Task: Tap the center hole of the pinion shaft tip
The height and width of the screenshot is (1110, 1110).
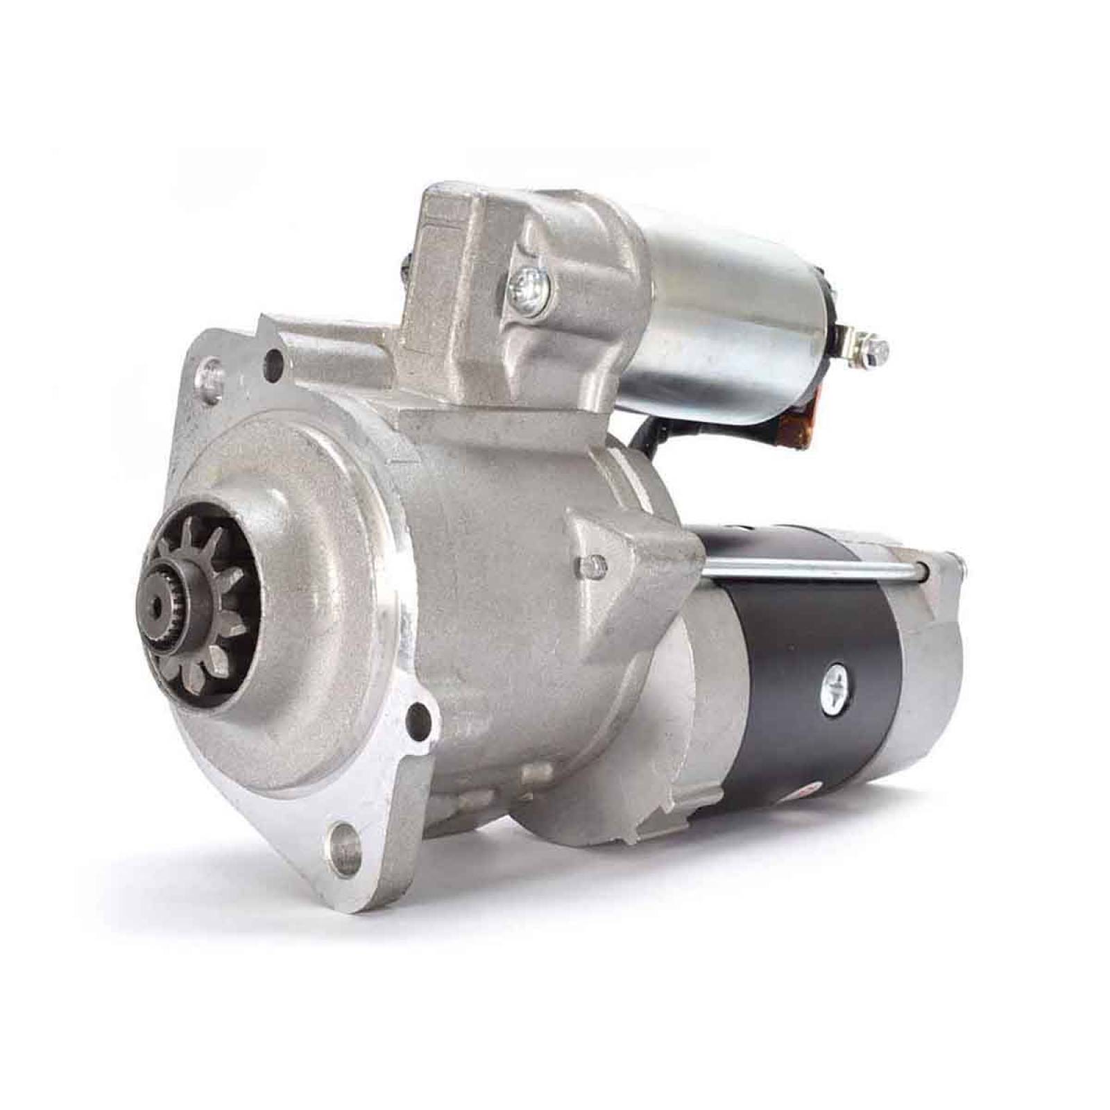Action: point(164,610)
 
